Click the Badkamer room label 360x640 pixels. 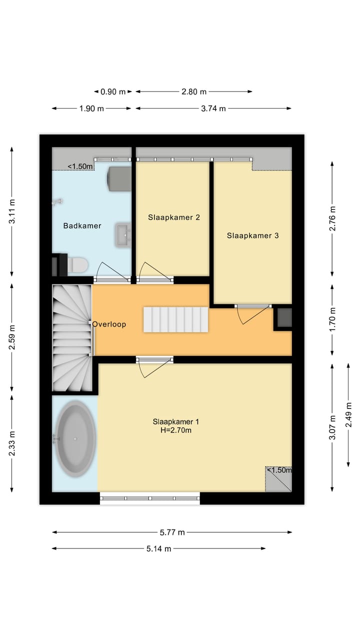[x=82, y=225]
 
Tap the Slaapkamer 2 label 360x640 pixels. [x=174, y=217]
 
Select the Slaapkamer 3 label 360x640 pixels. [x=252, y=235]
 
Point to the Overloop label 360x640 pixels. [x=109, y=324]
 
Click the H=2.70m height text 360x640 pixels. [x=172, y=429]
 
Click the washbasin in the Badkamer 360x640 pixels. [x=123, y=234]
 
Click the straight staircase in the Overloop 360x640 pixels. [x=175, y=319]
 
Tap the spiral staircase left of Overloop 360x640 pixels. [x=72, y=337]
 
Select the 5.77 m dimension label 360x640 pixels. [x=172, y=532]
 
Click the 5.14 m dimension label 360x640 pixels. [x=159, y=548]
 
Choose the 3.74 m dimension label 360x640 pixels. [x=213, y=108]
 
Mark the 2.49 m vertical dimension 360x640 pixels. [x=348, y=415]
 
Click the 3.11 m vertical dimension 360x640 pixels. [x=12, y=211]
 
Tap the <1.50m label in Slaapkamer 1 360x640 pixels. [x=278, y=470]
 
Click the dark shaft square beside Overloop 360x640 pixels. [x=284, y=318]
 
